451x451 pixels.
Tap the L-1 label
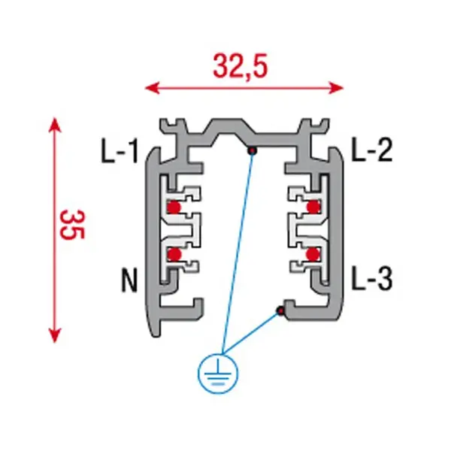(x=120, y=153)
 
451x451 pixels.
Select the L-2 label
(x=372, y=153)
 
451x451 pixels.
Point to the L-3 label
(x=372, y=281)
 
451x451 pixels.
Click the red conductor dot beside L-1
(x=174, y=207)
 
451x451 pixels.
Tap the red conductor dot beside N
(x=174, y=255)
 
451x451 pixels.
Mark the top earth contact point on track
(x=254, y=151)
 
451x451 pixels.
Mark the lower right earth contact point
(x=280, y=310)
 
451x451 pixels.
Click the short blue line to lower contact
(x=252, y=334)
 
